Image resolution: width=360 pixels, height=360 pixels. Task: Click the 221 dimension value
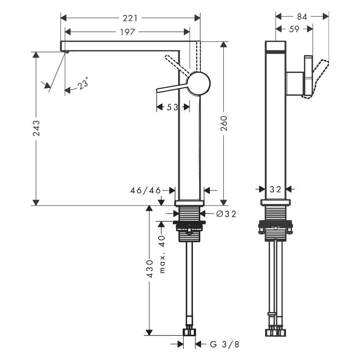click(x=130, y=18)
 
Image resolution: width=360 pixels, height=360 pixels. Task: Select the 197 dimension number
click(x=128, y=32)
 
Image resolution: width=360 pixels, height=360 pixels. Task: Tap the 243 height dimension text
click(x=36, y=128)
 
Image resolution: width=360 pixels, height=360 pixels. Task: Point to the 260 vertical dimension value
click(x=224, y=124)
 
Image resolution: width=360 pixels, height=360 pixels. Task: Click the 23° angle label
click(x=83, y=83)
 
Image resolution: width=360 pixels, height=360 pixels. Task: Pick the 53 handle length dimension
click(x=172, y=107)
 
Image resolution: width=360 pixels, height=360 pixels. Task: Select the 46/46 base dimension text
click(x=145, y=190)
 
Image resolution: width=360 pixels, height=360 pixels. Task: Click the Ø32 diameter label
click(x=226, y=214)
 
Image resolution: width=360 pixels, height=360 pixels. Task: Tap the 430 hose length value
click(x=150, y=268)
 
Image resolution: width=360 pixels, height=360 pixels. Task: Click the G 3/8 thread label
click(x=224, y=344)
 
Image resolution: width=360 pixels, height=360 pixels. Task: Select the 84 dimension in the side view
click(x=302, y=17)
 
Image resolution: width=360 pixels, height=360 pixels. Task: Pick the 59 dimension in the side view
click(x=294, y=29)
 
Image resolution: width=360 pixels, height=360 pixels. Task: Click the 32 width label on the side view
click(x=275, y=190)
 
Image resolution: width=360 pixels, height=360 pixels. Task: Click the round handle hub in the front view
click(x=199, y=83)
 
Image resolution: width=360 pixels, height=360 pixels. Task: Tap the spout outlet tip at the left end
click(x=66, y=52)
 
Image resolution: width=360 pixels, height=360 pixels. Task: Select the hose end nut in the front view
click(x=190, y=332)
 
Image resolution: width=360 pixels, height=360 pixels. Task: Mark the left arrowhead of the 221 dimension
click(x=63, y=18)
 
